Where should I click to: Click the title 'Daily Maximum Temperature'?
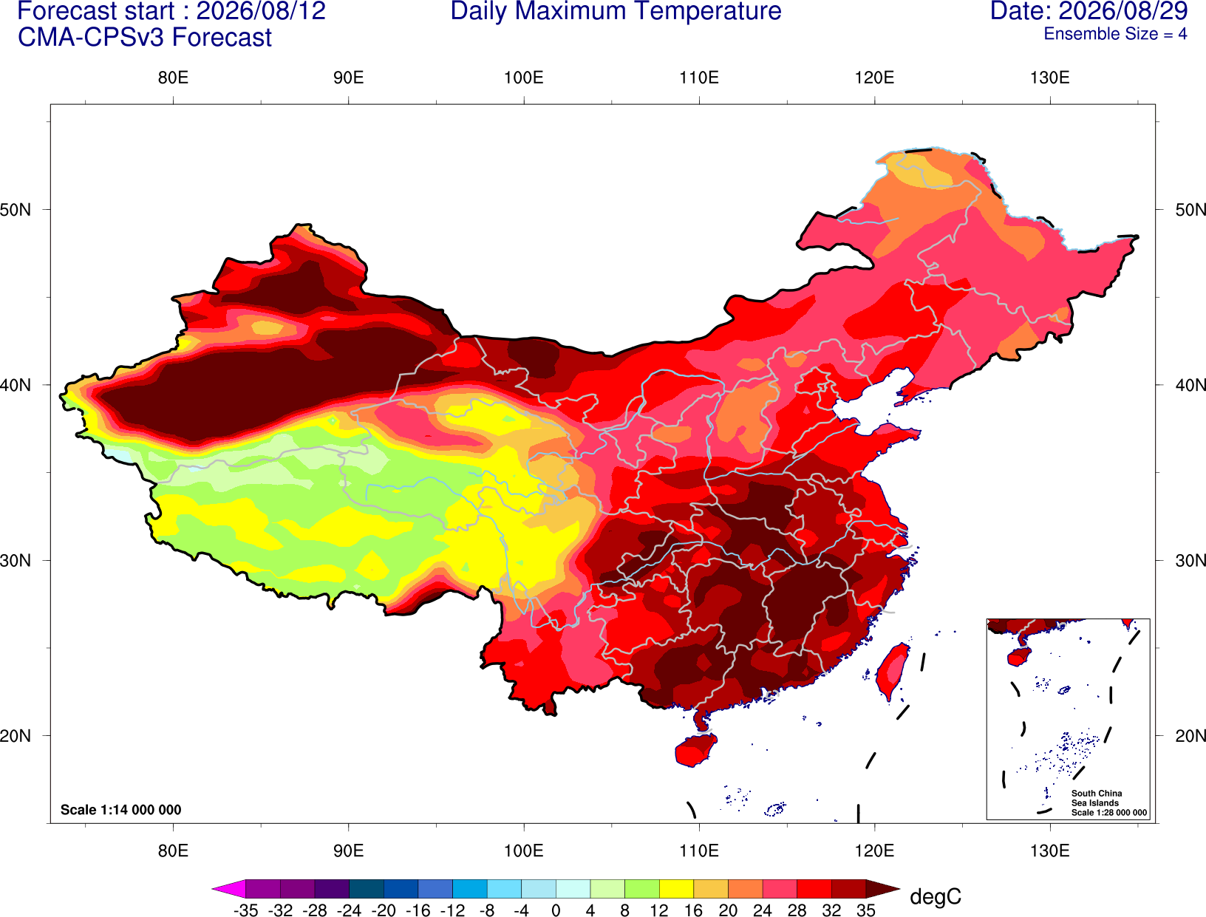[616, 11]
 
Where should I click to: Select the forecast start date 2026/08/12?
[261, 11]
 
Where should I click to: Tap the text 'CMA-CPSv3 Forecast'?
[145, 38]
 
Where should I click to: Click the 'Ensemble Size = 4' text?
[1115, 34]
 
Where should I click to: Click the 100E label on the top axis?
[524, 78]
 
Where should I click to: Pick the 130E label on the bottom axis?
[1050, 851]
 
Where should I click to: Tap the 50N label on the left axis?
[16, 209]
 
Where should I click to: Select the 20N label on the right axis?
[1190, 736]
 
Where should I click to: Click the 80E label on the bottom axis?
[173, 851]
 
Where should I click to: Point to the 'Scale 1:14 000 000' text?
[121, 810]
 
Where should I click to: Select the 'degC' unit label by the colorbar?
[935, 896]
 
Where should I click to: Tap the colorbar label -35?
[245, 910]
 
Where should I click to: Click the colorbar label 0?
[556, 910]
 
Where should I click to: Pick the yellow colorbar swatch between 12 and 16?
[676, 888]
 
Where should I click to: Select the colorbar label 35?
[866, 910]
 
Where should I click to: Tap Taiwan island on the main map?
[892, 672]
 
